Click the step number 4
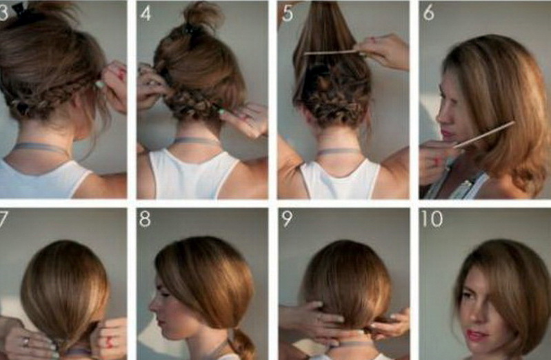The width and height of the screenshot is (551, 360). (146, 13)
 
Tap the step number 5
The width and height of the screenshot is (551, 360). (287, 13)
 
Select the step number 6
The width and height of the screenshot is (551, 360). (428, 13)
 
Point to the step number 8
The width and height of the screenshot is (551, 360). (145, 219)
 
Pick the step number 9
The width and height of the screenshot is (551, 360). (287, 219)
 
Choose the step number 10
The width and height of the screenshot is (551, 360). (432, 219)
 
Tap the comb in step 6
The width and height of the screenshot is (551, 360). (484, 134)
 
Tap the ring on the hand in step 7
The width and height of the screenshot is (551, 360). (27, 341)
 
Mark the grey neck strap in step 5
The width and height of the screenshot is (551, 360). (339, 152)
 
